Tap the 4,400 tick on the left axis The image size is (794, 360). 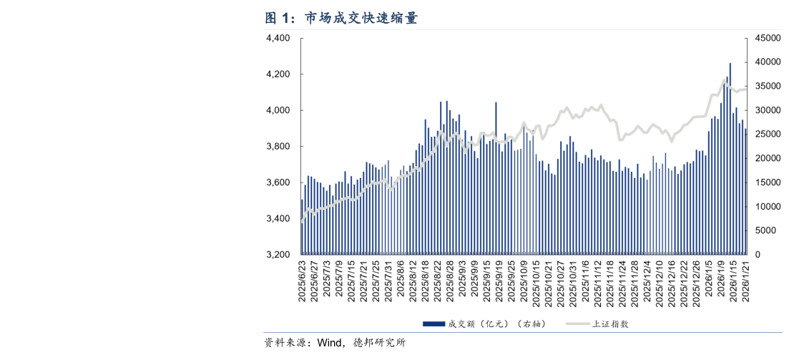(x=278, y=38)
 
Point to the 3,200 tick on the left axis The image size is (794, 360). (x=278, y=255)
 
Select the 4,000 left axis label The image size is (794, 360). (x=278, y=110)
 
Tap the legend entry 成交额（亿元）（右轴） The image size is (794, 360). (x=496, y=323)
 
